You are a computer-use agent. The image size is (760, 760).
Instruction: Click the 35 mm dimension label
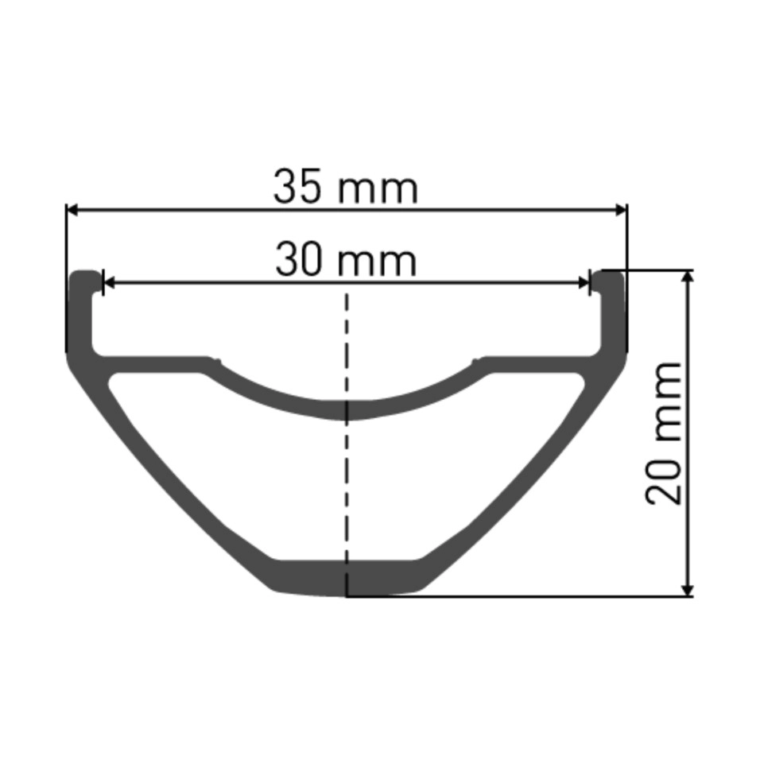click(346, 188)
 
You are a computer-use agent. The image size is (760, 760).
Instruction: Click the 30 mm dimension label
click(346, 260)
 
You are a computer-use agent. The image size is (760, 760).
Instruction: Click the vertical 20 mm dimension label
click(664, 432)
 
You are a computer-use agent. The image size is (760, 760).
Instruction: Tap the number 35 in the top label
click(297, 187)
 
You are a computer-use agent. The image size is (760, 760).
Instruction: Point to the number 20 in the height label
click(664, 480)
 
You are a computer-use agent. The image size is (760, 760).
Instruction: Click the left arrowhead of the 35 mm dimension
click(72, 210)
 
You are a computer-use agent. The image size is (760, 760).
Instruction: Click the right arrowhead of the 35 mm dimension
click(621, 210)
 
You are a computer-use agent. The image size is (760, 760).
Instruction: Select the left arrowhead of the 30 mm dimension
click(110, 282)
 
